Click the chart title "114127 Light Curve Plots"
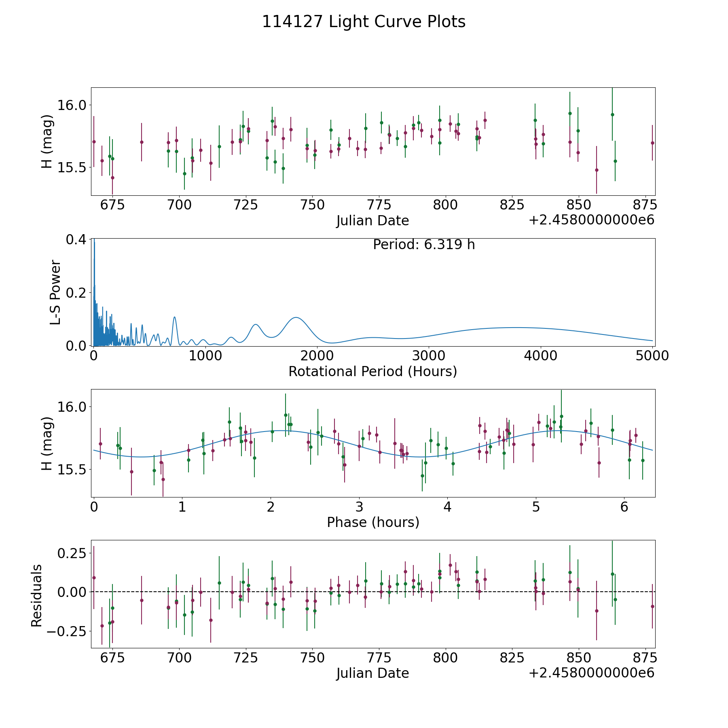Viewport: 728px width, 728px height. pyautogui.click(x=364, y=22)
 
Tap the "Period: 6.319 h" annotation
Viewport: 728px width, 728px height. pyautogui.click(x=423, y=245)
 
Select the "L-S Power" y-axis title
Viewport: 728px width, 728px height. pyautogui.click(x=55, y=292)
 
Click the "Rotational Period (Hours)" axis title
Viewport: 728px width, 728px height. pyautogui.click(x=372, y=371)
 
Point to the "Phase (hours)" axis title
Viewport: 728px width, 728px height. pyautogui.click(x=372, y=522)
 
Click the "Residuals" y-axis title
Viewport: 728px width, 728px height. pyautogui.click(x=37, y=595)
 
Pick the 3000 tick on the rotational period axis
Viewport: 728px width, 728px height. pyautogui.click(x=428, y=356)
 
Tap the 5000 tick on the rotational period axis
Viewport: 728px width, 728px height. pyautogui.click(x=652, y=356)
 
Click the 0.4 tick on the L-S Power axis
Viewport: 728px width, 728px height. pyautogui.click(x=76, y=239)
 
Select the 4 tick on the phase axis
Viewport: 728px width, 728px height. pyautogui.click(x=447, y=507)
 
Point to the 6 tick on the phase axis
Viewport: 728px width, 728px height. pyautogui.click(x=624, y=507)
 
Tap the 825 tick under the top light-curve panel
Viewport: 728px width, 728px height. pyautogui.click(x=512, y=205)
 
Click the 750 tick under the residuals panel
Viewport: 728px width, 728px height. pyautogui.click(x=312, y=658)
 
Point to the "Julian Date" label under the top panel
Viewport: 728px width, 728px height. pyautogui.click(x=372, y=221)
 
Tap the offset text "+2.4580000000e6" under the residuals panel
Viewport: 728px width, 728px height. pyautogui.click(x=591, y=673)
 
